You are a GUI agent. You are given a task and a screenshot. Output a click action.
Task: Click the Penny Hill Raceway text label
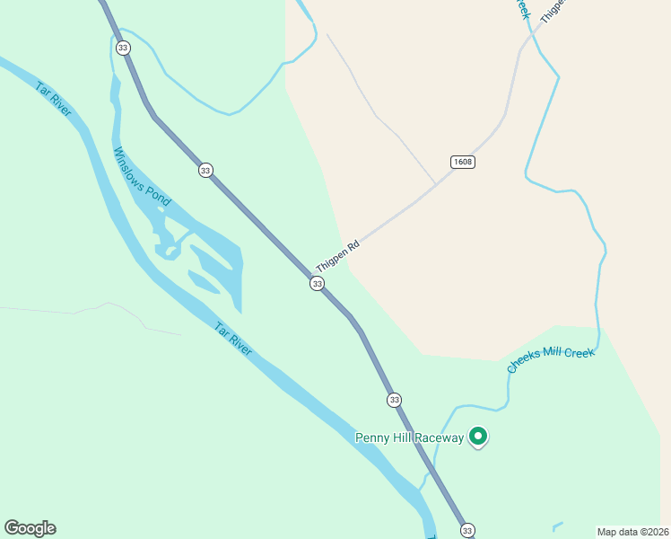(409, 438)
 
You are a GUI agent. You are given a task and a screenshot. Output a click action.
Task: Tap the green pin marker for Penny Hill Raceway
(478, 437)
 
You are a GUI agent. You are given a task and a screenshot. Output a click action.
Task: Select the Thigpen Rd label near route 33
(337, 256)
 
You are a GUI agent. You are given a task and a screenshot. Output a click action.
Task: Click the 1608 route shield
(462, 163)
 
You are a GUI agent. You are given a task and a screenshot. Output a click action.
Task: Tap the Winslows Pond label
(141, 177)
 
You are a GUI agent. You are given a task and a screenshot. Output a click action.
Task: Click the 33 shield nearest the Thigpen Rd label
(317, 284)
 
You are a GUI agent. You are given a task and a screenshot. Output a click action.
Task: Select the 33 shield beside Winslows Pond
(205, 170)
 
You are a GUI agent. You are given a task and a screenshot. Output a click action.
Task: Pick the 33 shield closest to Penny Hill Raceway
(394, 400)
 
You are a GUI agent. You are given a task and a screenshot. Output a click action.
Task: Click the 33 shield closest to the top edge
(123, 48)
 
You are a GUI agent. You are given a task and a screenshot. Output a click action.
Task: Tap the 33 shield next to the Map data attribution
(467, 530)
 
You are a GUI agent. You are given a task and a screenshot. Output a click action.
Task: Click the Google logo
(30, 528)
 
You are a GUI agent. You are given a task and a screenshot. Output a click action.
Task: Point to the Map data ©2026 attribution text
(632, 532)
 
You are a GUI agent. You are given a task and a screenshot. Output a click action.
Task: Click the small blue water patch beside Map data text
(558, 526)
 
